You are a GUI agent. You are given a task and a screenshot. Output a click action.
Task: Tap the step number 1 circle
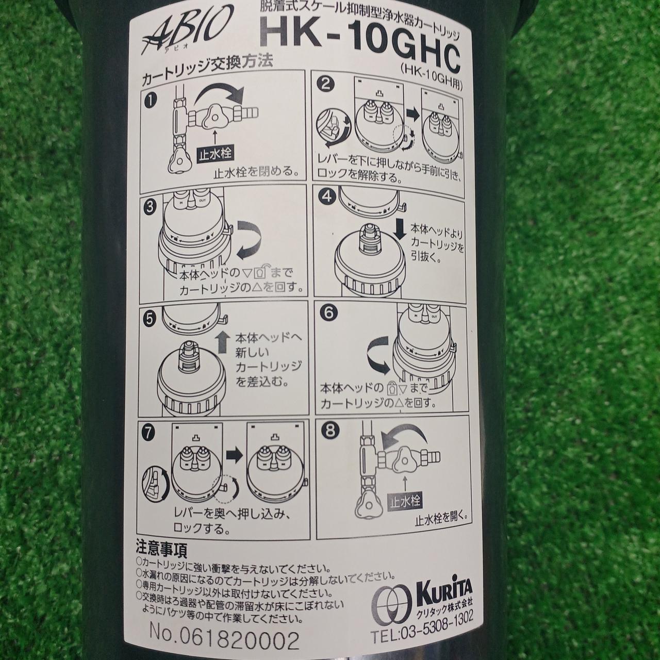coord(150,101)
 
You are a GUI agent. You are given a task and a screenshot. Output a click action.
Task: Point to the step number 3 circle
coord(150,208)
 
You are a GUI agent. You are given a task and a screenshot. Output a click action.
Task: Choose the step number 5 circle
coord(150,319)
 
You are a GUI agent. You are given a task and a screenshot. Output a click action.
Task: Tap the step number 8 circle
coord(330,431)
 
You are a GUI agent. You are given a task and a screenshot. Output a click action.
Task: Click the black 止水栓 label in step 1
coord(215,155)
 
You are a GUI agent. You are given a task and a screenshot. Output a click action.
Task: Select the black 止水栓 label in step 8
coord(405,502)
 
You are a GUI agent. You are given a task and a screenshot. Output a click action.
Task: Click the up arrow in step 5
coord(223,342)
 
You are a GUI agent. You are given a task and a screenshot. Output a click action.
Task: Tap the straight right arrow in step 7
coord(234,455)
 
